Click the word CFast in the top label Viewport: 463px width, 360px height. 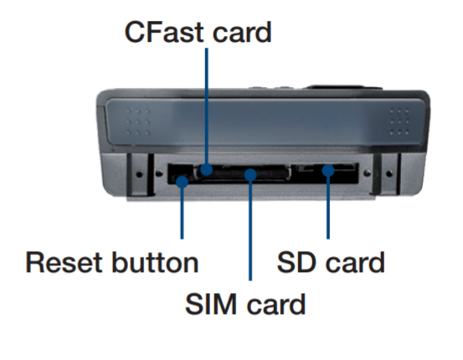coord(164,32)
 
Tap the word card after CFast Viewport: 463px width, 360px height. coord(242,32)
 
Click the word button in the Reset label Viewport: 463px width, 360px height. coord(156,263)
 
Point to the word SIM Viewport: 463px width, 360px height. coord(212,304)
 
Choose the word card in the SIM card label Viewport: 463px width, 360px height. coord(275,304)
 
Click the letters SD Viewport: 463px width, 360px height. coord(298,263)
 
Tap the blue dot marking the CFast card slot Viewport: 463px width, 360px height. coord(207,170)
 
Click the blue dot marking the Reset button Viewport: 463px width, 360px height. coord(183,182)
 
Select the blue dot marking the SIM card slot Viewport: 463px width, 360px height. coord(250,174)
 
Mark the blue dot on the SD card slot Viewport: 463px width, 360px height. coord(328,171)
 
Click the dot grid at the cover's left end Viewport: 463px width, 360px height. coord(138,122)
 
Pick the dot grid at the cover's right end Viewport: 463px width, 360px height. coord(399,121)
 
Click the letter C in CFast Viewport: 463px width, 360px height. coord(135,32)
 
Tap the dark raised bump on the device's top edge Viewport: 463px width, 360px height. coord(344,87)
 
